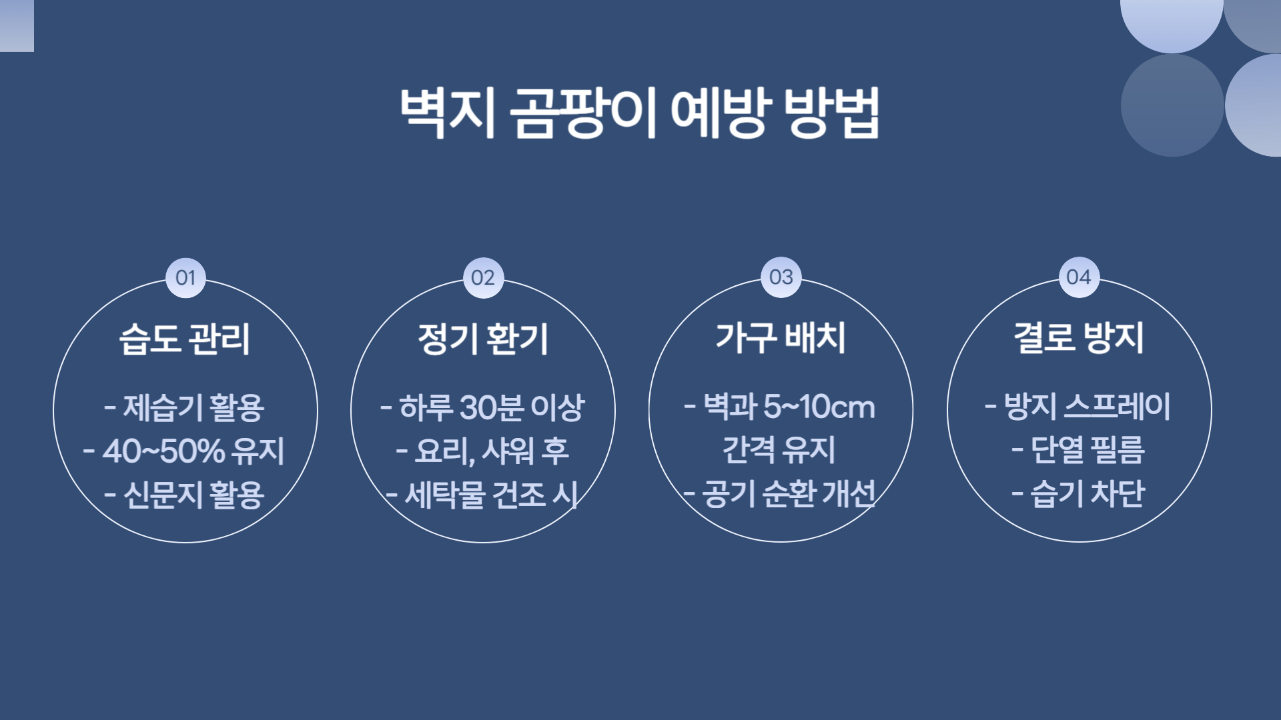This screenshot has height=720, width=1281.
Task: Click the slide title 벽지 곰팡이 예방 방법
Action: click(x=639, y=112)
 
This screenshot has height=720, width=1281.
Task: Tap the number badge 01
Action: click(x=185, y=277)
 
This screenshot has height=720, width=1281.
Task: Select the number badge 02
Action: click(x=483, y=277)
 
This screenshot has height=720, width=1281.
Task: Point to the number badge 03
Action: click(x=781, y=277)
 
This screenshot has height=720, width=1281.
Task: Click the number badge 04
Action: click(x=1079, y=277)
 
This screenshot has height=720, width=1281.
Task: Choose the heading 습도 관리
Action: click(x=185, y=339)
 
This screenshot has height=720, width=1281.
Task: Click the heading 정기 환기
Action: click(x=483, y=339)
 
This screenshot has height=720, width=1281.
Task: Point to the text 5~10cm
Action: click(x=819, y=407)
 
